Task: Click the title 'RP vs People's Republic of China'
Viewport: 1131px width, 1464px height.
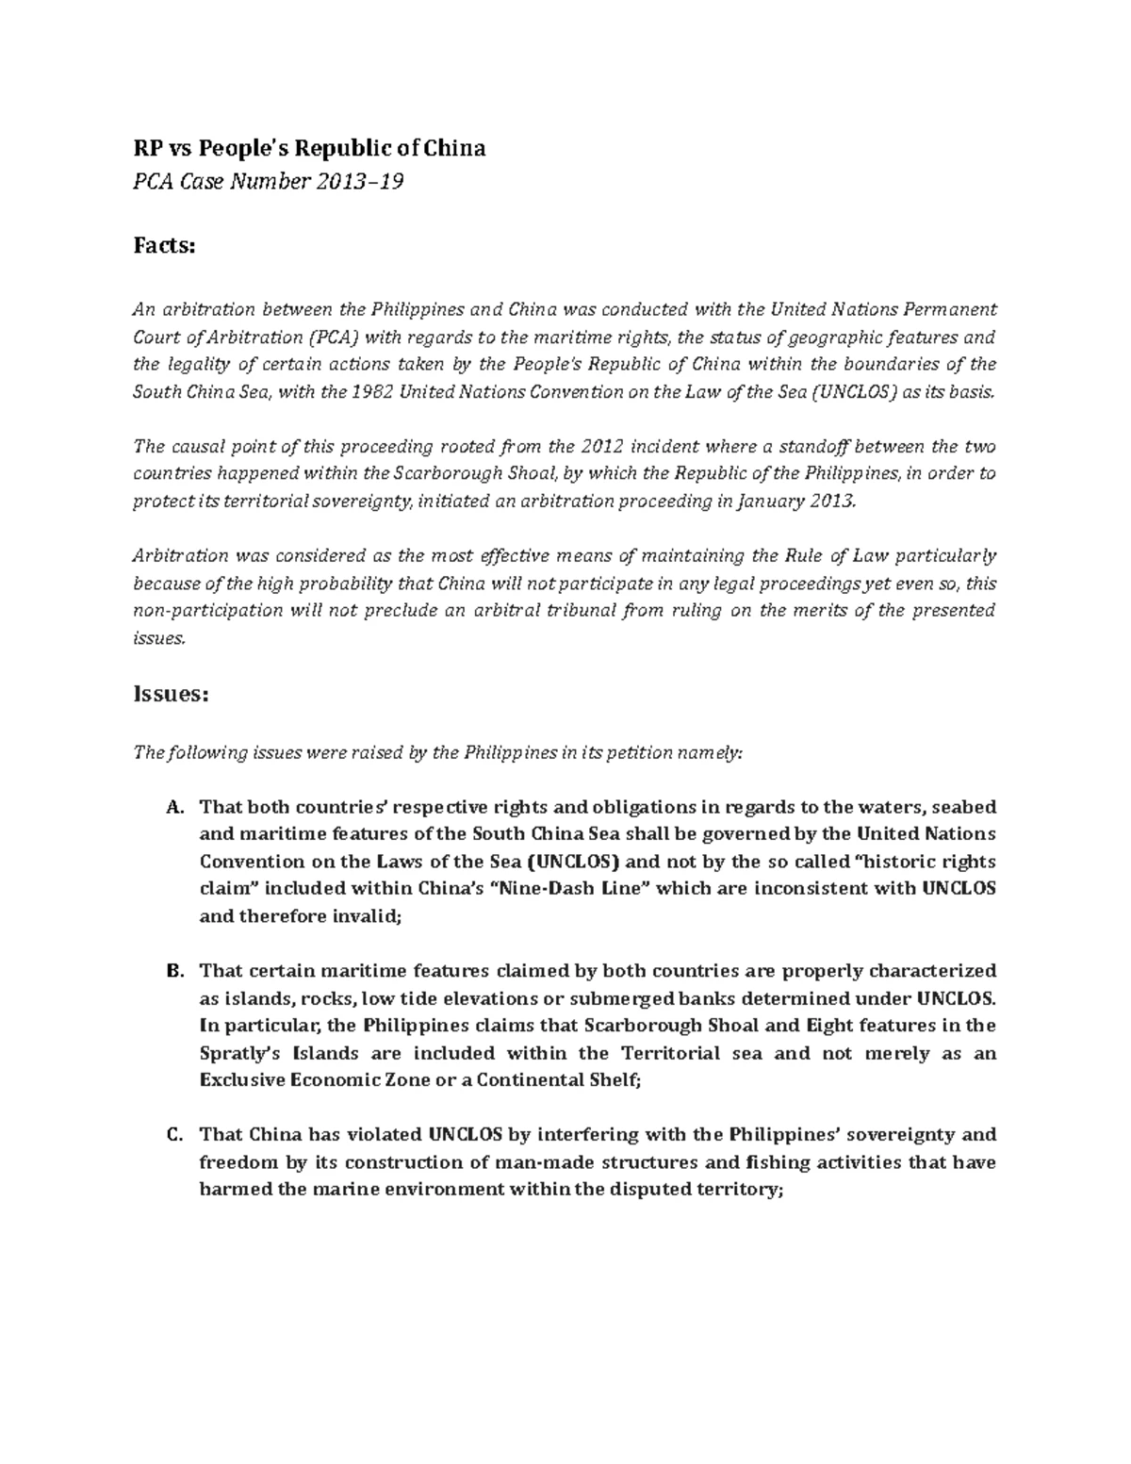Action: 308,148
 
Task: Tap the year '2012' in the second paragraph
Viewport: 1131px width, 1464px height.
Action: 604,446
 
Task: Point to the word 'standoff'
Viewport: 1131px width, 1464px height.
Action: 823,446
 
